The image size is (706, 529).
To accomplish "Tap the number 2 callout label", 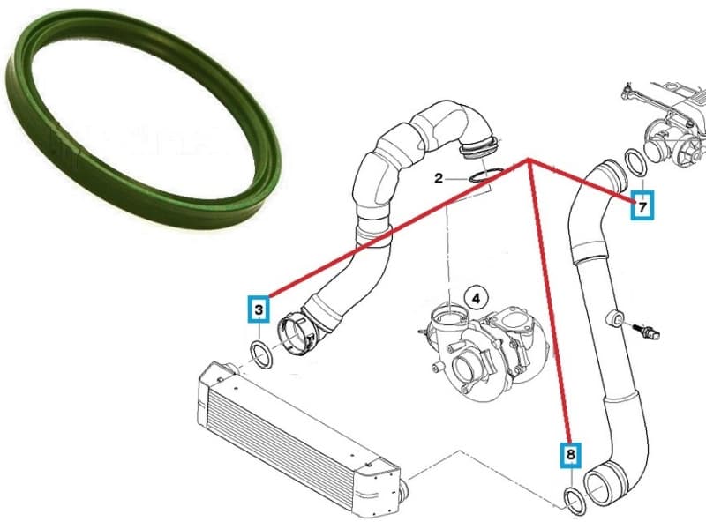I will [439, 179].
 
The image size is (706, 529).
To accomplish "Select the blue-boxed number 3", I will [258, 309].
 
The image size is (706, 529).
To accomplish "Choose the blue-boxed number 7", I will [643, 208].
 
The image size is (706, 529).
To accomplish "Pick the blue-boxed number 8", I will [571, 455].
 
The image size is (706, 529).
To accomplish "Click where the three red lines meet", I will [529, 160].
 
